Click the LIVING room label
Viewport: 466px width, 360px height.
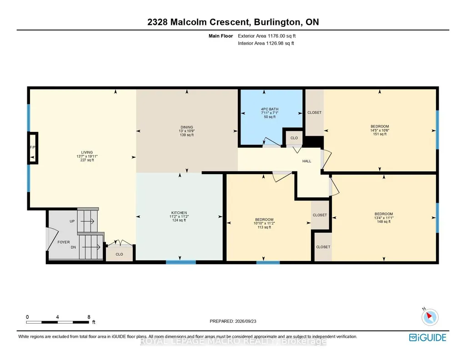tap(87, 152)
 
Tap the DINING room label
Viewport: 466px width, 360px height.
tap(187, 127)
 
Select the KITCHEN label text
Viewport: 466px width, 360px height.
tap(179, 213)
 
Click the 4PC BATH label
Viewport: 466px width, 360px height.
tap(270, 109)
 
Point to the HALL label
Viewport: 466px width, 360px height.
tap(307, 161)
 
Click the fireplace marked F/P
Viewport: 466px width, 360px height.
tap(33, 148)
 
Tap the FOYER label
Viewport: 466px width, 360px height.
tap(64, 242)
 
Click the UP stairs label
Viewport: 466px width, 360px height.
tap(72, 221)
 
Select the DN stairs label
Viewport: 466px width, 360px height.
tap(73, 247)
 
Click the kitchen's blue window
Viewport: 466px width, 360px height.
tap(180, 262)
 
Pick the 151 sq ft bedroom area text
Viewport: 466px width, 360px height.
tap(380, 134)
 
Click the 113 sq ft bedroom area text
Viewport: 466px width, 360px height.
tap(264, 227)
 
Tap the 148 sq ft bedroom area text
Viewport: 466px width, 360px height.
tap(384, 221)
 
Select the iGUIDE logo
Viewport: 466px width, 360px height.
tap(428, 337)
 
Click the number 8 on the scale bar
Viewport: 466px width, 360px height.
tap(89, 317)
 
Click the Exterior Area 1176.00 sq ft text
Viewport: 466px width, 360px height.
tap(266, 36)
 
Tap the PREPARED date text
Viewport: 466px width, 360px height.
tap(233, 321)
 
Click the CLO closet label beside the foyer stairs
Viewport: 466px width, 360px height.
tap(119, 254)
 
